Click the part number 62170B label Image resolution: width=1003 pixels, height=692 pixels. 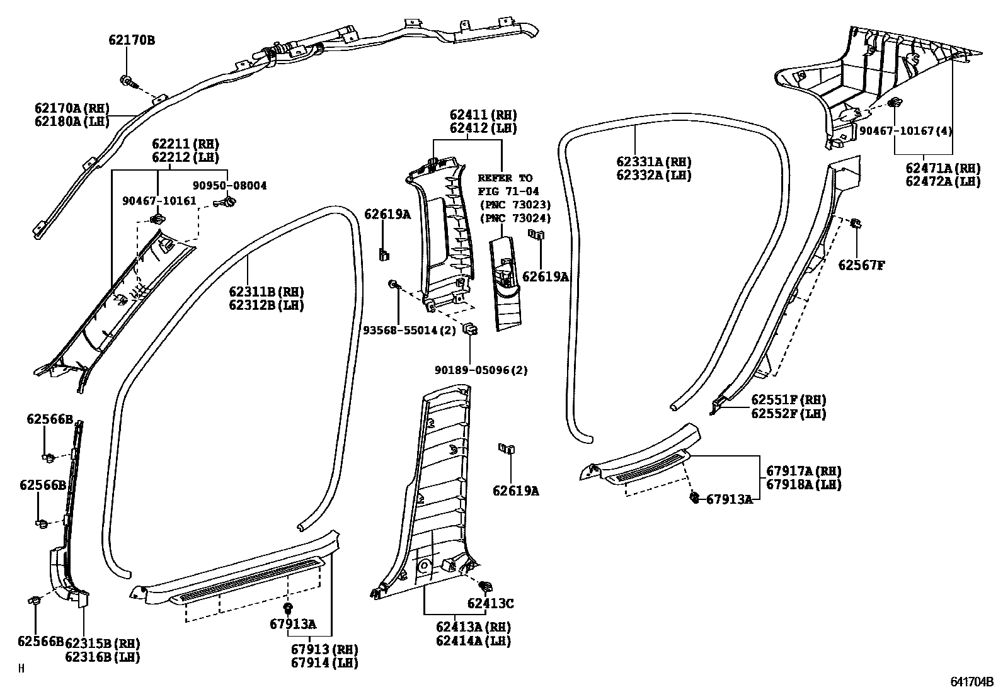point(131,41)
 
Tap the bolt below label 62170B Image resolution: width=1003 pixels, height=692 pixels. point(128,81)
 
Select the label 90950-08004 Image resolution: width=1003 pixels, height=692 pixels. point(229,186)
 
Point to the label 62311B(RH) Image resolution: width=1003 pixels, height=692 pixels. point(267,292)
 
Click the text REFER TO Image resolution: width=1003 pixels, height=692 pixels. point(505,178)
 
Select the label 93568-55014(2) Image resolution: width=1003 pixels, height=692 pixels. point(409,330)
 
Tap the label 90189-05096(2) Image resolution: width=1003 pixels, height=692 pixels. point(481,370)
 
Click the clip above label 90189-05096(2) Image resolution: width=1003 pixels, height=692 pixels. point(469,329)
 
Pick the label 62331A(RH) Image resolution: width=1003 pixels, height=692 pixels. point(654,162)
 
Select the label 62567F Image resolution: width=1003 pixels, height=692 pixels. point(861,265)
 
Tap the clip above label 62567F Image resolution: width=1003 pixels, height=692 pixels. point(856,224)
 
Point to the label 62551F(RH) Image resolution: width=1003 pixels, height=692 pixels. point(788,400)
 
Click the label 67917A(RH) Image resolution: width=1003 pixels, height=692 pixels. point(804,471)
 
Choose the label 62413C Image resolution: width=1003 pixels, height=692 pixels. point(490,604)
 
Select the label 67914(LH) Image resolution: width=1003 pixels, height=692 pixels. point(324,662)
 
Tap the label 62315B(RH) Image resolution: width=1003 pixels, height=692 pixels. point(102,644)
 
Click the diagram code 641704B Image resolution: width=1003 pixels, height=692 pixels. point(971,682)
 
